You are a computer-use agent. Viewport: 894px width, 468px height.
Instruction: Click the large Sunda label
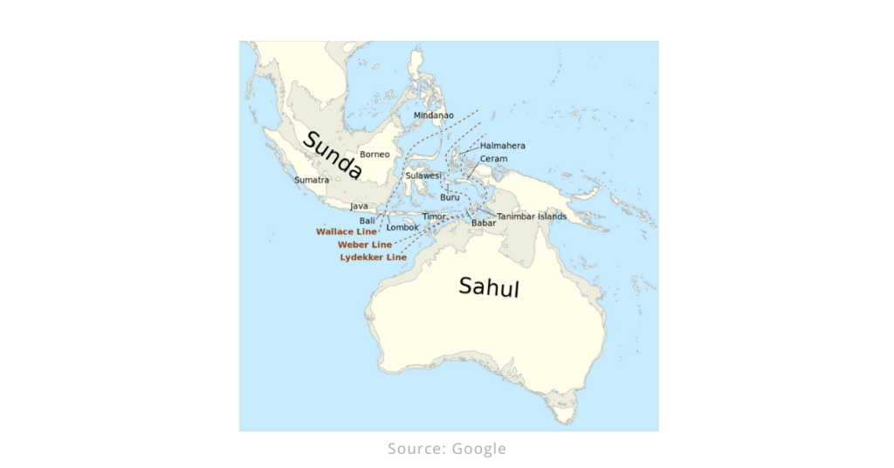coord(332,155)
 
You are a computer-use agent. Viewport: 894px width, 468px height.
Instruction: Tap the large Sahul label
coord(489,286)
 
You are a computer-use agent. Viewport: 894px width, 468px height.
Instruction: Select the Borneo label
coord(375,155)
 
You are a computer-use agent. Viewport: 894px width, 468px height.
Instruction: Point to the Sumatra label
coord(312,180)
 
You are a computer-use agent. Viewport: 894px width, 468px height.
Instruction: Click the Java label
coord(359,206)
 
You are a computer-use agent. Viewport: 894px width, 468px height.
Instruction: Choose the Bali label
coord(367,221)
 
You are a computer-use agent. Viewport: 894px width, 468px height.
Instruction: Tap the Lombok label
coord(402,227)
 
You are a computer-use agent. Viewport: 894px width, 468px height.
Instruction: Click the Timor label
coord(434,216)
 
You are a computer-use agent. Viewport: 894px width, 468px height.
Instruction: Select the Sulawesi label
coord(423,175)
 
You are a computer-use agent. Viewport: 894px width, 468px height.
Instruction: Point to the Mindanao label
coord(433,115)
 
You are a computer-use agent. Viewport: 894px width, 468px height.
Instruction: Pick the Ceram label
coord(493,159)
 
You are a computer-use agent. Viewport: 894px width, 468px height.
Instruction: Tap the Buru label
coord(450,197)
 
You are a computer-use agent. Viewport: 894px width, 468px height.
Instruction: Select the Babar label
coord(484,223)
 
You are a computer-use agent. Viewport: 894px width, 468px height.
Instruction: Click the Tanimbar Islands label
coord(532,217)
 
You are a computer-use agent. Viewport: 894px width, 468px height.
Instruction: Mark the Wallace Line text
coord(346,232)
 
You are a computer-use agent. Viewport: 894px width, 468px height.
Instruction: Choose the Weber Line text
coord(364,245)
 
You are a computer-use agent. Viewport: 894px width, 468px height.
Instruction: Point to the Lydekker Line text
coord(373,258)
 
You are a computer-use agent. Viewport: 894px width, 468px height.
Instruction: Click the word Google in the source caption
coord(479,449)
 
